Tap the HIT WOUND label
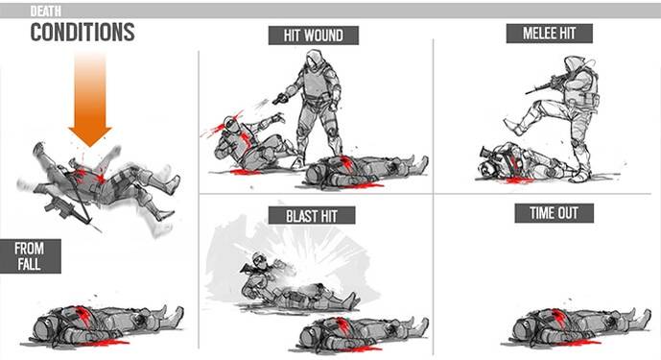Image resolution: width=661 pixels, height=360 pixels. tap(313, 36)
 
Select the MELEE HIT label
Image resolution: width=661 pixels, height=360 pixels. tap(549, 34)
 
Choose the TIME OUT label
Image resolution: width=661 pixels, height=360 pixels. tap(548, 212)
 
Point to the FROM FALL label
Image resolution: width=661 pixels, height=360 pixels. tap(30, 256)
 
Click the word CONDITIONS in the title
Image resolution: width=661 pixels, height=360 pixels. tap(82, 33)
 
